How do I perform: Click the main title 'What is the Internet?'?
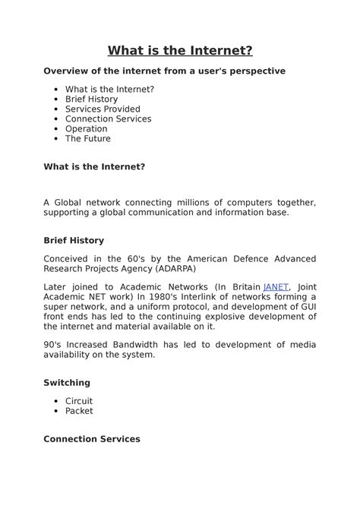pyautogui.click(x=180, y=51)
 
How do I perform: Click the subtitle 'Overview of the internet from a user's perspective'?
pyautogui.click(x=164, y=71)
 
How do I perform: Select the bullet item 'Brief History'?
pyautogui.click(x=91, y=100)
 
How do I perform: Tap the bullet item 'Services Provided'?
pyautogui.click(x=103, y=109)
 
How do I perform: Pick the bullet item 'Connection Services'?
pyautogui.click(x=108, y=119)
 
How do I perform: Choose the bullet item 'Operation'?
pyautogui.click(x=86, y=129)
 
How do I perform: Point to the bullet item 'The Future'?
pyautogui.click(x=87, y=139)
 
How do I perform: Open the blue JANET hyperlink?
pyautogui.click(x=276, y=286)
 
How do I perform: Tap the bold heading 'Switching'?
pyautogui.click(x=67, y=383)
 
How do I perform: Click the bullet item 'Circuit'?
pyautogui.click(x=79, y=401)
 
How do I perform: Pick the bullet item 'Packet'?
pyautogui.click(x=79, y=411)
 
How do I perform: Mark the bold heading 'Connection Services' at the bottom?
pyautogui.click(x=92, y=439)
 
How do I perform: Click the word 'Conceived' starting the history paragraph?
pyautogui.click(x=66, y=259)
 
